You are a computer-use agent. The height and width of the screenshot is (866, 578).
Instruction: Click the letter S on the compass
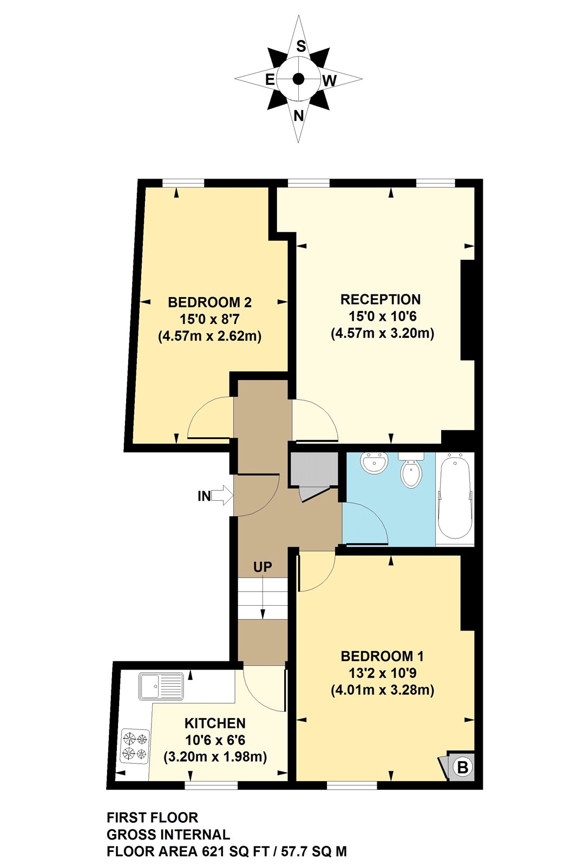[x=301, y=47]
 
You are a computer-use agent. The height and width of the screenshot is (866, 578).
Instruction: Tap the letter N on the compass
[x=299, y=115]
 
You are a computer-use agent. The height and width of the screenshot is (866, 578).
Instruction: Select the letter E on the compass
[x=270, y=80]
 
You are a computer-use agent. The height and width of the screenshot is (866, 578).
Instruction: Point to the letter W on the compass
[x=329, y=81]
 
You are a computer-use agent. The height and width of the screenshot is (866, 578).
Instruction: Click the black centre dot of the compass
[x=298, y=79]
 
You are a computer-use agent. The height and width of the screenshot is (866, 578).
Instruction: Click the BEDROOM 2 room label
[x=209, y=302]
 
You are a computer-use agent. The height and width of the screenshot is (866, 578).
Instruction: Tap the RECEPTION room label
[x=380, y=299]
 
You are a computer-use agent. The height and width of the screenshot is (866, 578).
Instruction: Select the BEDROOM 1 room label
[x=382, y=656]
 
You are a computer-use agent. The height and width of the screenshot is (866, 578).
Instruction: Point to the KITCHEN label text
[x=215, y=723]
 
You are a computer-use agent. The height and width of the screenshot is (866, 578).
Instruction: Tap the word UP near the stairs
[x=262, y=567]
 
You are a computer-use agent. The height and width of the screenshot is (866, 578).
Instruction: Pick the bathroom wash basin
[x=374, y=463]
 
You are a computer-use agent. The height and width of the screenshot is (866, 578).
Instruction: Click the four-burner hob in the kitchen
[x=135, y=746]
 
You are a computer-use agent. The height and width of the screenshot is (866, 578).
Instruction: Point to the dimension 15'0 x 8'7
[x=209, y=319]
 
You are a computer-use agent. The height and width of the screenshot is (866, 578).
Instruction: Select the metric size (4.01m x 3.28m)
[x=382, y=690]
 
